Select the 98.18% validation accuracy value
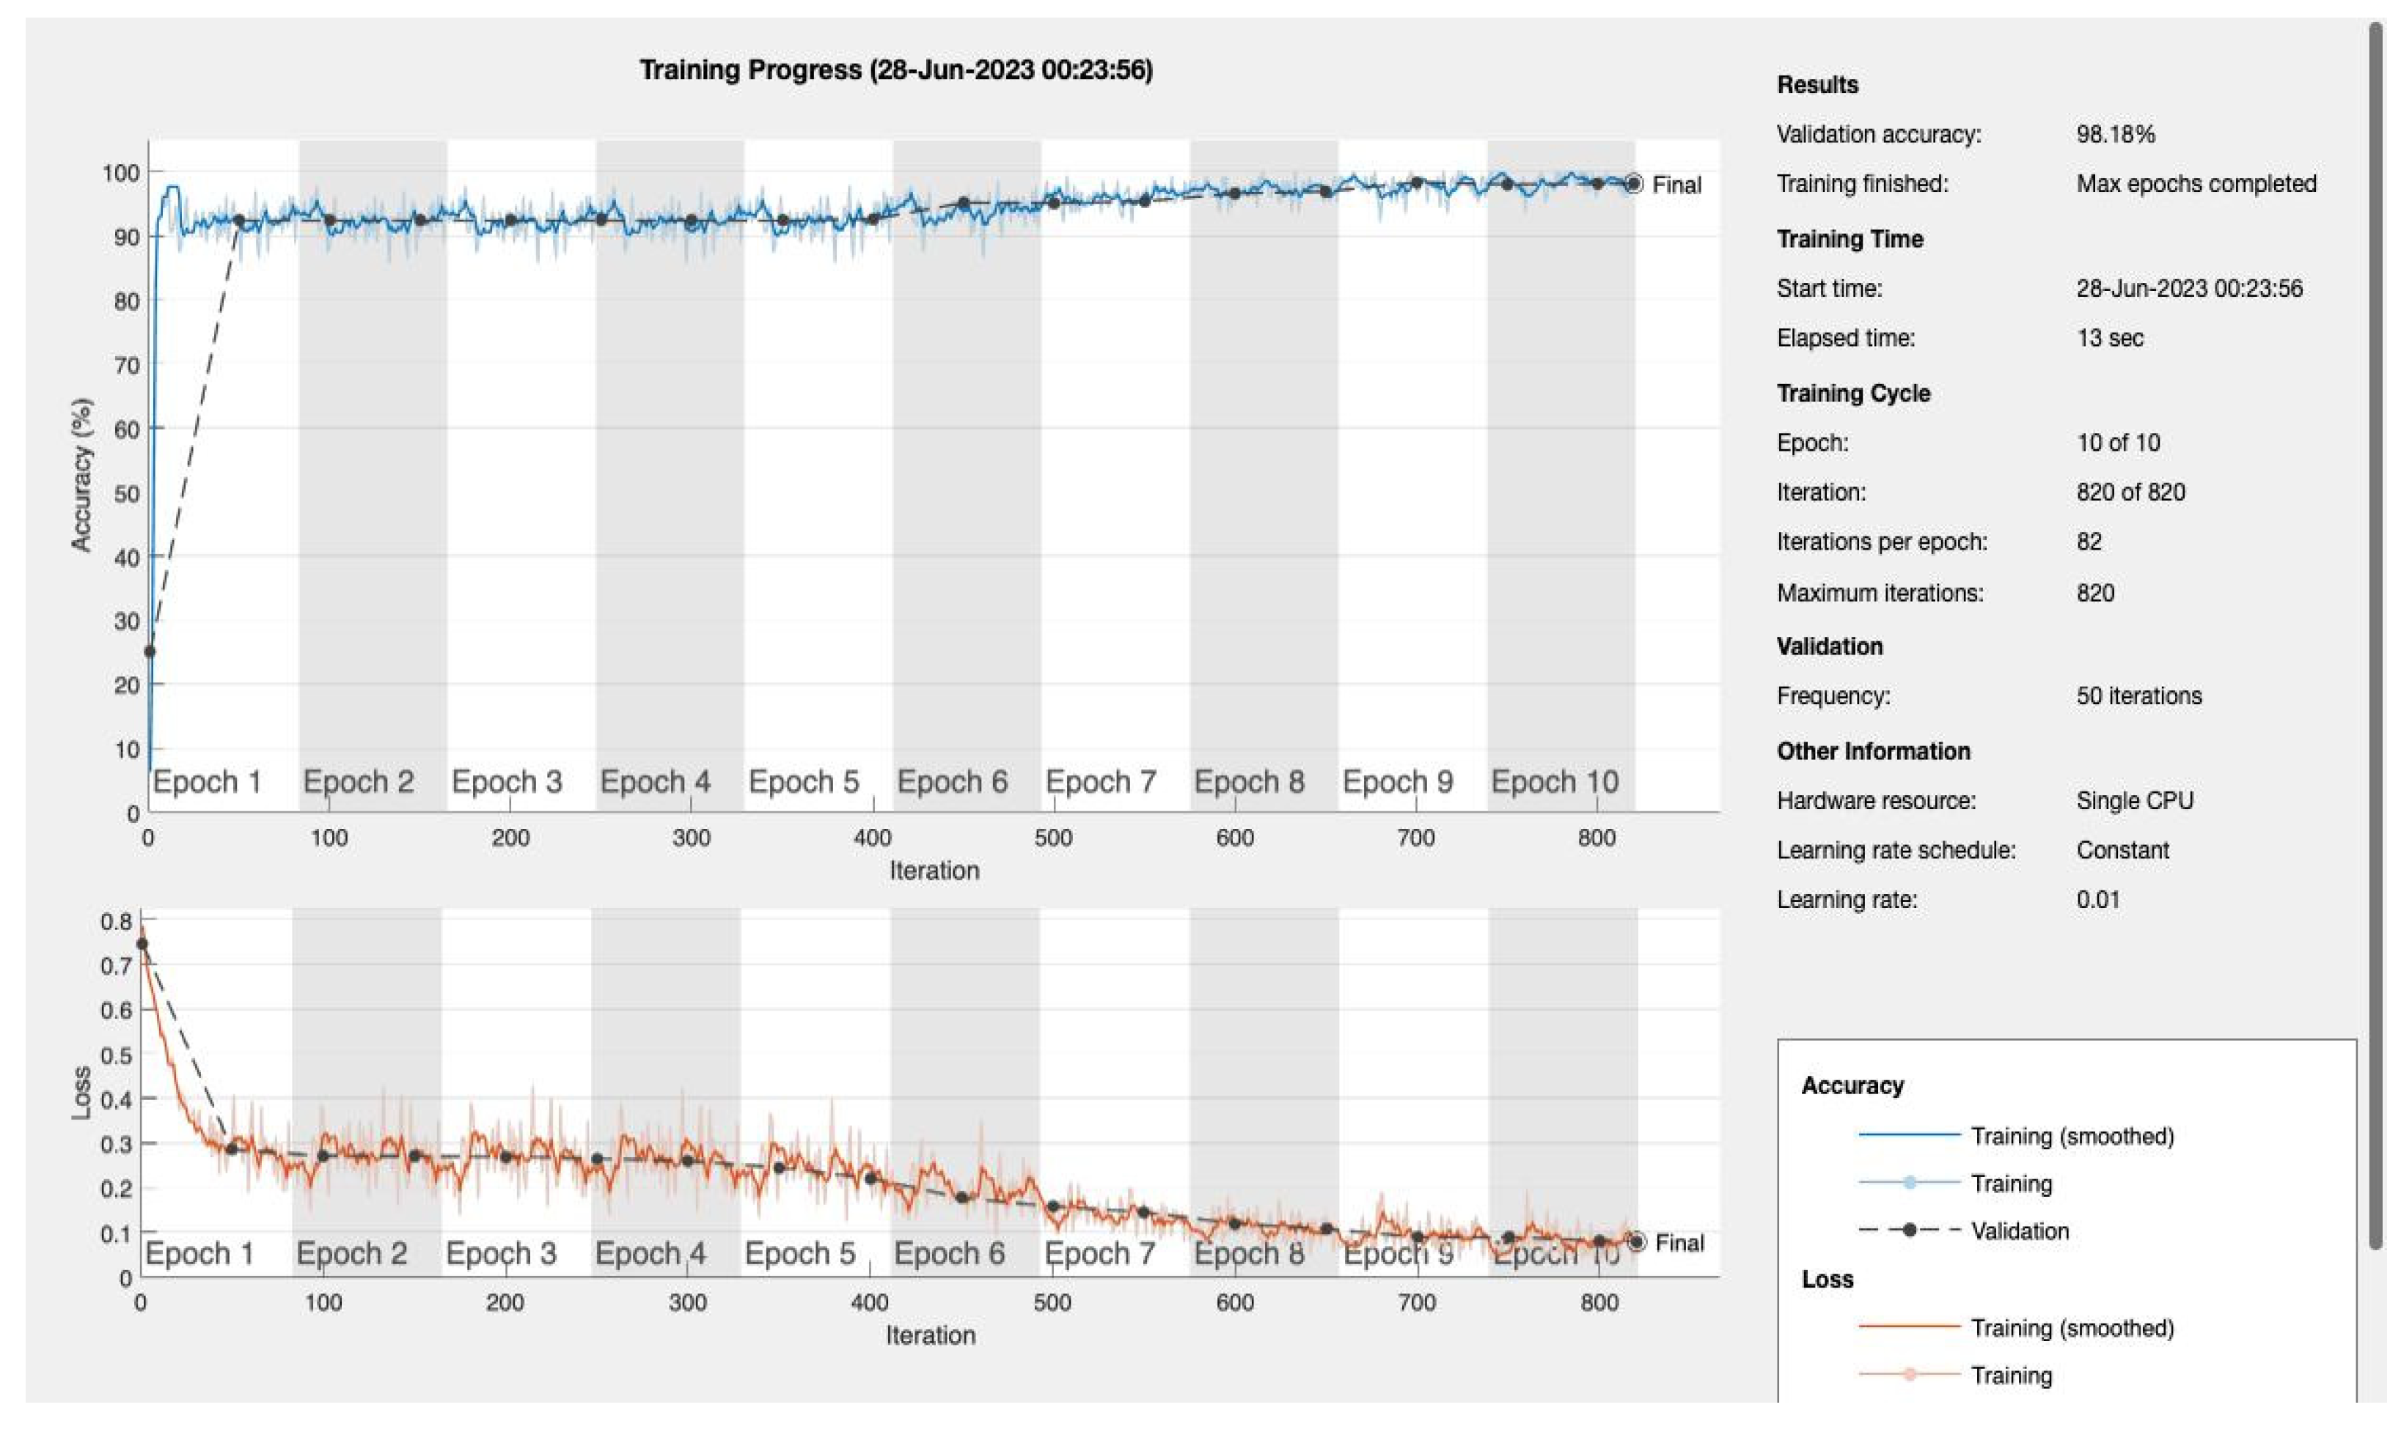click(x=2114, y=134)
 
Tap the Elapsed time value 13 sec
click(x=2108, y=338)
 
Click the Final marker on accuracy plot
click(x=1632, y=183)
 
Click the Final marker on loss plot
click(x=1635, y=1242)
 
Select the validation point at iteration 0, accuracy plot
click(x=150, y=652)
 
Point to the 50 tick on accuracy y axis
click(x=125, y=493)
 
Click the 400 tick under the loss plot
click(x=869, y=1303)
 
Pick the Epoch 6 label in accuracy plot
click(x=952, y=782)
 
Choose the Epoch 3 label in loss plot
click(x=501, y=1253)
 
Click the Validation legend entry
click(x=2019, y=1230)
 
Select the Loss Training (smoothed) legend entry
click(x=2071, y=1328)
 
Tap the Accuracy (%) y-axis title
click(x=81, y=475)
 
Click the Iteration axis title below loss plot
click(x=931, y=1335)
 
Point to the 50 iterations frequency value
click(x=2138, y=695)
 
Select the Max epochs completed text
click(x=2196, y=183)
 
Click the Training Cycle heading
click(x=1852, y=393)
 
